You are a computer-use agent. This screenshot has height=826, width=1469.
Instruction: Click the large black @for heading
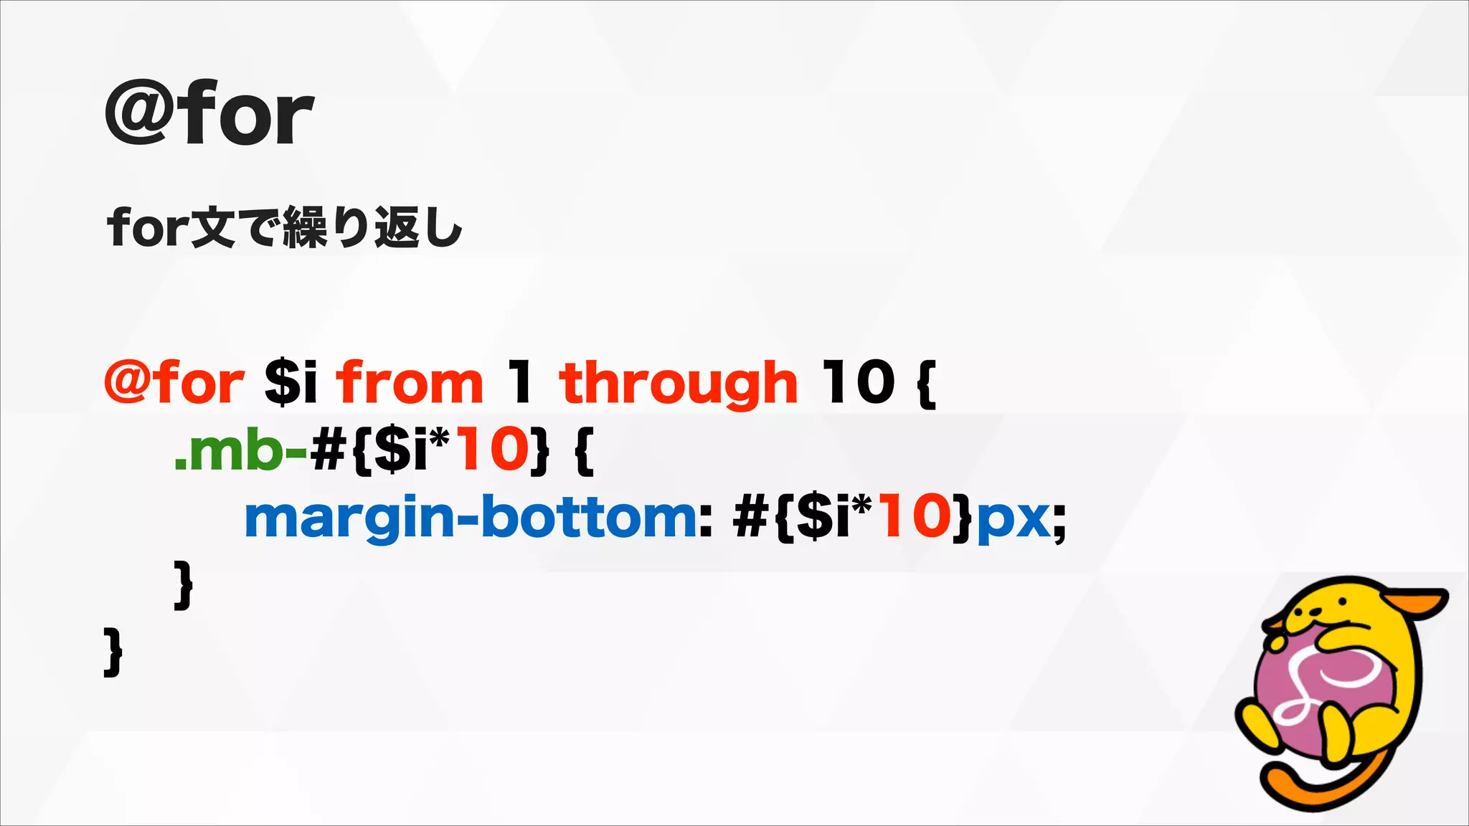tap(209, 115)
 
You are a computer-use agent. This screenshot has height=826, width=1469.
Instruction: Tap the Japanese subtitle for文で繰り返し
tap(285, 227)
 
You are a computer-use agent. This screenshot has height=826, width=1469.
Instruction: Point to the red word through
tap(678, 384)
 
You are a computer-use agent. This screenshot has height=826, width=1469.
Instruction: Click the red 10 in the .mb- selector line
tap(492, 449)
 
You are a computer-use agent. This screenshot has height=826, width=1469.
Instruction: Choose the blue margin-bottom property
tap(470, 518)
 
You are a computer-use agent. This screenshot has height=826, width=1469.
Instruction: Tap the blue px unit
tap(1014, 521)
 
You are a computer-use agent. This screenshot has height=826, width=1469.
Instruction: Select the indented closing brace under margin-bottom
tap(184, 584)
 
